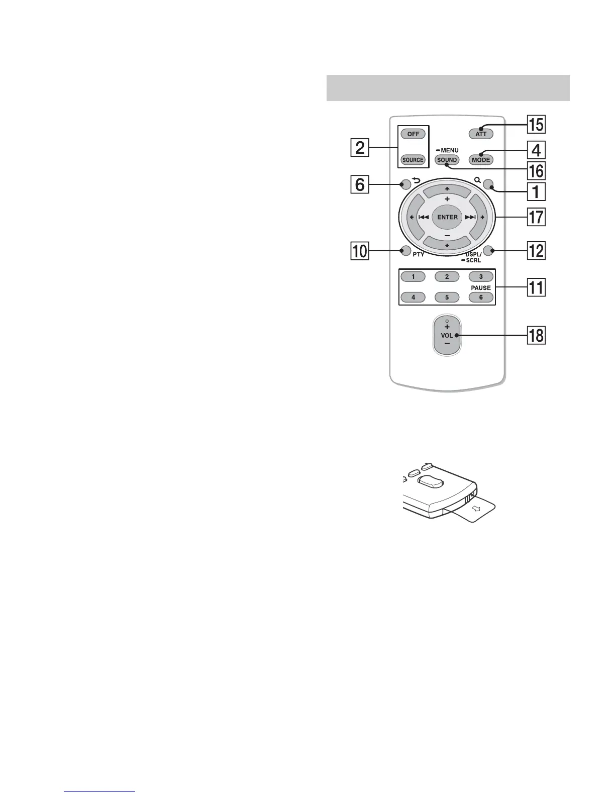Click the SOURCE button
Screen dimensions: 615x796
tap(413, 160)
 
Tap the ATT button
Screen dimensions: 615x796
tap(481, 134)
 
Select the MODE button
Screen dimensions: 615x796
tap(481, 160)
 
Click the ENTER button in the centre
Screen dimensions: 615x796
tap(447, 217)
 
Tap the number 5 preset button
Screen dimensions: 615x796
tap(447, 297)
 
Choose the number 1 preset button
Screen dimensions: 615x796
tap(413, 276)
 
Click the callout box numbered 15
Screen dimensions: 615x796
tap(536, 124)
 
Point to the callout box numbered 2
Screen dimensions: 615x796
tap(360, 149)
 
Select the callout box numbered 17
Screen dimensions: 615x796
tap(536, 217)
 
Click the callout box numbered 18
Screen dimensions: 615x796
tap(536, 335)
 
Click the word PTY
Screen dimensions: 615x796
tap(419, 255)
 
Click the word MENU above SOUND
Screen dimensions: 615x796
tap(450, 150)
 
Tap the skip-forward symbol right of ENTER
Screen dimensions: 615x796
tap(470, 217)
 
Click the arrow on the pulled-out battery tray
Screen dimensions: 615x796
tap(477, 510)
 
